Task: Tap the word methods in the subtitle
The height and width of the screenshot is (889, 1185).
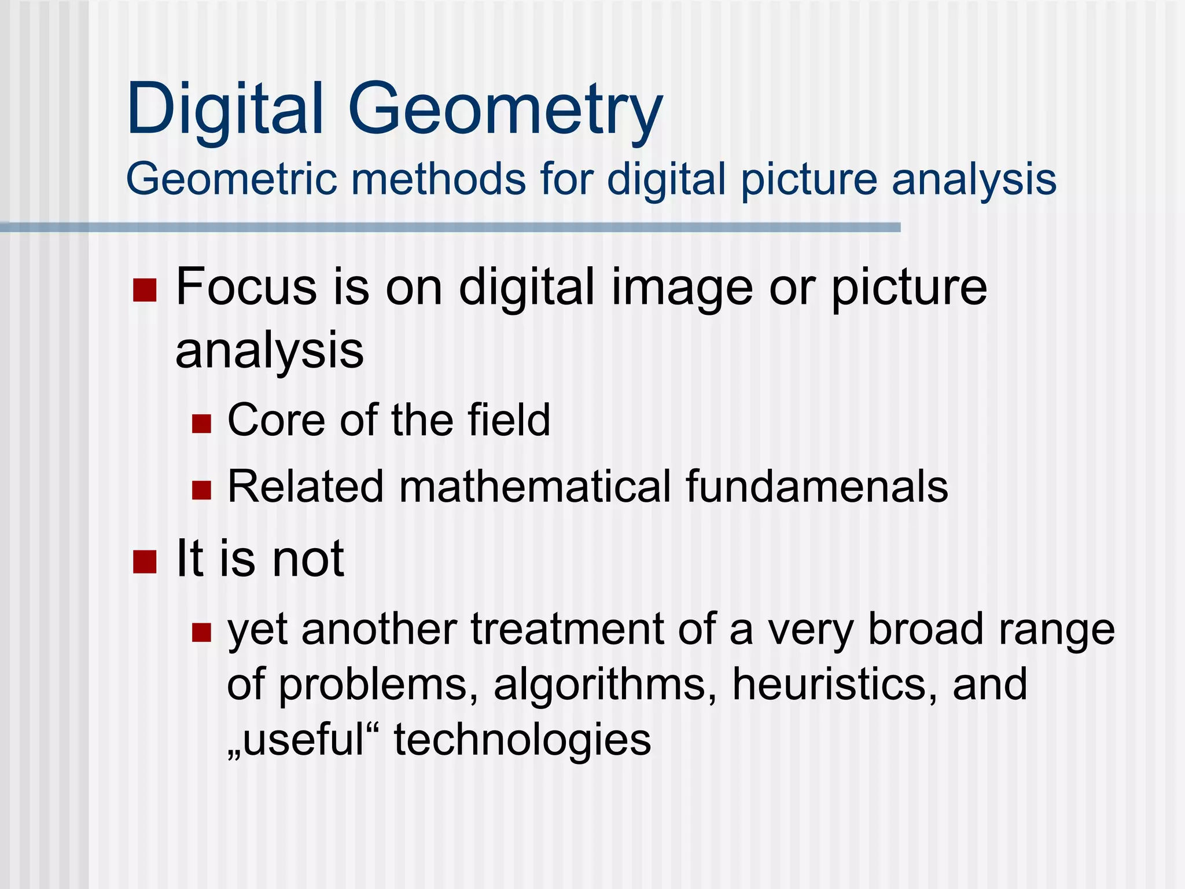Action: pyautogui.click(x=439, y=179)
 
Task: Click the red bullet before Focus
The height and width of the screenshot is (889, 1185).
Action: pyautogui.click(x=145, y=290)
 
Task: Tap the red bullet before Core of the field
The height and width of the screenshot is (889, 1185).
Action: pyautogui.click(x=201, y=423)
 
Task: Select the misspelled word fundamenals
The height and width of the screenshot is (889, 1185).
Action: pyautogui.click(x=816, y=486)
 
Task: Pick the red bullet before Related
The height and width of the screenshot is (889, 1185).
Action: pyautogui.click(x=201, y=490)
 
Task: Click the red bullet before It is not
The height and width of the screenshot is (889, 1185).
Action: pyautogui.click(x=145, y=561)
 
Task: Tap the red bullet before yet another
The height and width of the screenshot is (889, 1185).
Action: pyautogui.click(x=201, y=632)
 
